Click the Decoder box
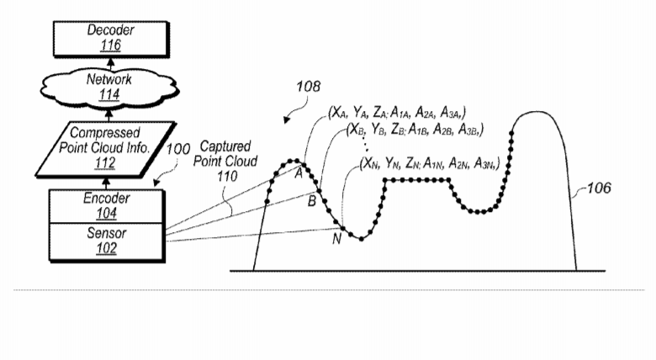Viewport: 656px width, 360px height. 111,39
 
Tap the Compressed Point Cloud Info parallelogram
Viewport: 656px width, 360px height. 105,149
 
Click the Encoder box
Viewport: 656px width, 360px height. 106,206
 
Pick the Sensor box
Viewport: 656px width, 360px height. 106,242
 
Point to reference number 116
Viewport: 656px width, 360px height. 110,45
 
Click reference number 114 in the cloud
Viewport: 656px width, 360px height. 109,95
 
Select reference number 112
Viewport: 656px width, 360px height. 105,163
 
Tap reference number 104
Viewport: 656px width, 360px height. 106,214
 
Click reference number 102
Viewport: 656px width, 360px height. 106,249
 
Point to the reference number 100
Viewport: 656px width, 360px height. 178,149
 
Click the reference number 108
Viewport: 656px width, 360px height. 309,87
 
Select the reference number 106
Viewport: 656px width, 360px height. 599,188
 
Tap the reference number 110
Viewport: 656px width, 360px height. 227,177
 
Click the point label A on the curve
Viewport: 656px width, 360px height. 299,173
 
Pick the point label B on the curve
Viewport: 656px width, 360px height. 312,201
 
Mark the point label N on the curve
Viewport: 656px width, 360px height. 336,239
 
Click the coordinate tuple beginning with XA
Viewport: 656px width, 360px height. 398,112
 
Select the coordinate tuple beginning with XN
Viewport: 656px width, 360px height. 430,163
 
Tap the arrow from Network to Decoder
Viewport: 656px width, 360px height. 111,64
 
